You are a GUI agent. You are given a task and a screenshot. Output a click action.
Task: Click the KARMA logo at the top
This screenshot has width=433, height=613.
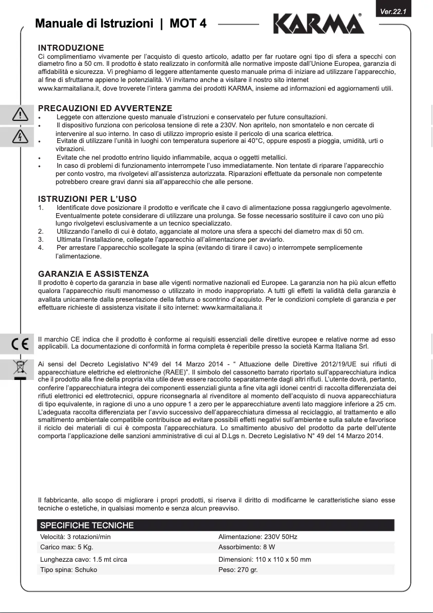coord(319,24)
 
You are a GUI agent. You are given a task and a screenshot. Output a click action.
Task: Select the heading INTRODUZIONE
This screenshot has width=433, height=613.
coord(71,48)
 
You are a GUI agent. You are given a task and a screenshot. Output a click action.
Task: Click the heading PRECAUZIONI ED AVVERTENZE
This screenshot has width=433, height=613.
coord(105,108)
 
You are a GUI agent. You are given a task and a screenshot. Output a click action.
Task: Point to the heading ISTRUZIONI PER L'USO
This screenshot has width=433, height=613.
coord(87,199)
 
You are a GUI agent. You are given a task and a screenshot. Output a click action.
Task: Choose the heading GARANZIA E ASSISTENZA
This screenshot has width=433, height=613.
coord(93,274)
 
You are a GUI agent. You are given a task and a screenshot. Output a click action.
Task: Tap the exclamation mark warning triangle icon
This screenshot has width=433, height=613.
coord(20,114)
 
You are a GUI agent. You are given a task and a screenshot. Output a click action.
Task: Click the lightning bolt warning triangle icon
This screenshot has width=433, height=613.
coord(20,137)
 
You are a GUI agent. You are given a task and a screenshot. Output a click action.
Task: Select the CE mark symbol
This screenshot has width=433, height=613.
coord(19,343)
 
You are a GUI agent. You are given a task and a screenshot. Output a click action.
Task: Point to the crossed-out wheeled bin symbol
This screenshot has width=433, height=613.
coord(19,367)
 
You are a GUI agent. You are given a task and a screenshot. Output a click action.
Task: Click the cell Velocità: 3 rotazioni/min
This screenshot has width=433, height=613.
coord(76,537)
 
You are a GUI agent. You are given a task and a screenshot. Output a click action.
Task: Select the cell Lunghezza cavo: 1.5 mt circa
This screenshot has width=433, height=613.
coord(84,560)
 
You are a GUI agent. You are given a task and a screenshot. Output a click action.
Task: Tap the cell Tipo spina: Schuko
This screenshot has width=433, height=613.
coord(69,569)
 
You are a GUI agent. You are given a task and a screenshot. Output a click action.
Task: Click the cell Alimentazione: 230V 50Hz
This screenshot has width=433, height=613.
coord(258,537)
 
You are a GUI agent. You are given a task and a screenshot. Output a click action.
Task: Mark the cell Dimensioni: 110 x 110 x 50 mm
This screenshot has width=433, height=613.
coord(265,560)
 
